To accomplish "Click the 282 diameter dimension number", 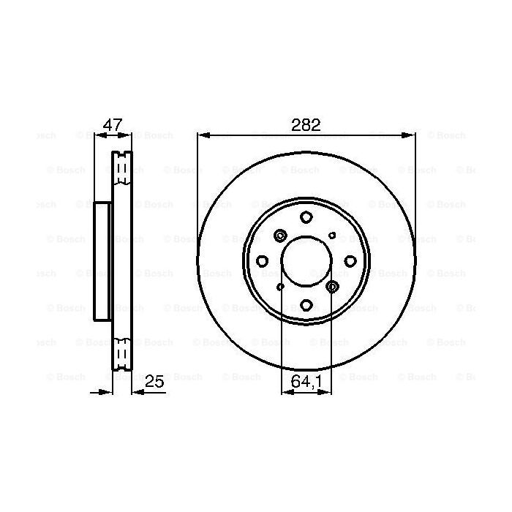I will (x=306, y=124).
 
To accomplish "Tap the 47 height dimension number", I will (x=113, y=124).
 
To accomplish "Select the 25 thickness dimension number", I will (x=154, y=382).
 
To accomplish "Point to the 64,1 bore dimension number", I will (x=306, y=382).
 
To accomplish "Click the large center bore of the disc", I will (x=306, y=261).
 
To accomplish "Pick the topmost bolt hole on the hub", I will (x=306, y=217).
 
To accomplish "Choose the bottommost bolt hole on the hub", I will (x=306, y=305).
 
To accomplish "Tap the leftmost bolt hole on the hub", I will (x=263, y=261).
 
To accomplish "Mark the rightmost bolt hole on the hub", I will (x=350, y=261).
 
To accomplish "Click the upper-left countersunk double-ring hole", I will (x=280, y=236).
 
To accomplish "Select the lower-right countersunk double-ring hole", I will (x=332, y=287).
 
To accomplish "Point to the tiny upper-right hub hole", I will (x=333, y=236).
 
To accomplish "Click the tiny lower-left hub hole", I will (x=280, y=287).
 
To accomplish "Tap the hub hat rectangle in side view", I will (x=103, y=261).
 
